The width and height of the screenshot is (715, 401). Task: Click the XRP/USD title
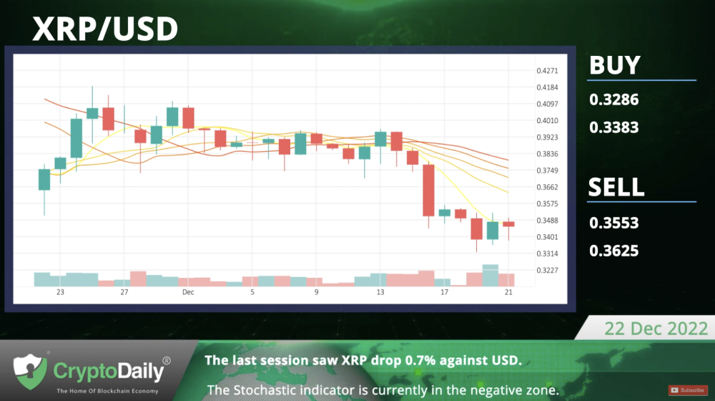click(x=105, y=29)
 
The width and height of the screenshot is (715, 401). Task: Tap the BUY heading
click(x=615, y=65)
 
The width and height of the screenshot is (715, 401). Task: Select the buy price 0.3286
click(x=613, y=100)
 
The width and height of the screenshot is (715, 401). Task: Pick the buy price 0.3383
click(x=613, y=127)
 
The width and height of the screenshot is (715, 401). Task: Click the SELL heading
click(x=616, y=187)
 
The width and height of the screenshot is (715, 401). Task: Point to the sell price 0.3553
click(x=613, y=223)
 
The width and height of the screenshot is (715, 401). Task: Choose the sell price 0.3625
click(x=613, y=251)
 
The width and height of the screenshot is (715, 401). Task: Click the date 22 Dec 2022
click(x=656, y=329)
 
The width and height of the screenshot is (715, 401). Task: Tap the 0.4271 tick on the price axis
click(x=547, y=71)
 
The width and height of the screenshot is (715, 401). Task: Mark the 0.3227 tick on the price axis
click(x=547, y=271)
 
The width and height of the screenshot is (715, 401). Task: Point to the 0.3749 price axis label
click(x=547, y=170)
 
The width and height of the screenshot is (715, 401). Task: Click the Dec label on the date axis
click(x=188, y=292)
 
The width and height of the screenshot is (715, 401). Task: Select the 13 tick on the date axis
click(x=380, y=292)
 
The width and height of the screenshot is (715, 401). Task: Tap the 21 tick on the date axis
click(x=508, y=292)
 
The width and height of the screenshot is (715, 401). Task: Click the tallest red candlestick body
click(x=428, y=190)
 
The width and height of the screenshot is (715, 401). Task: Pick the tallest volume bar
click(x=490, y=276)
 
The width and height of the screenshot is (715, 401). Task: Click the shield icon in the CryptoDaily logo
click(x=30, y=372)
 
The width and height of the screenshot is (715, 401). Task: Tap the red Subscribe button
click(x=688, y=390)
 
